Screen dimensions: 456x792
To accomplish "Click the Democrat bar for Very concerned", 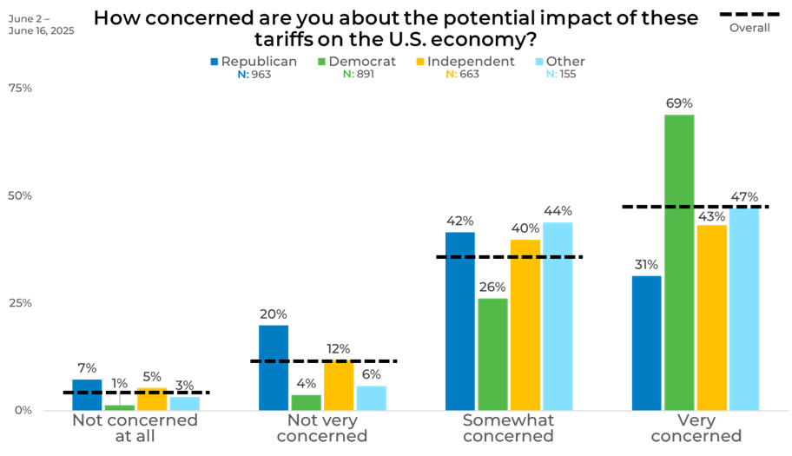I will point(679,261).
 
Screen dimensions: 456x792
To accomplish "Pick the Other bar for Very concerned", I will point(743,308).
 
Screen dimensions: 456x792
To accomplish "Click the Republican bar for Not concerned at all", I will point(87,394).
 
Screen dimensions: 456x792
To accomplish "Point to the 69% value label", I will point(679,103).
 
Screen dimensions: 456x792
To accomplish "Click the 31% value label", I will point(646,265).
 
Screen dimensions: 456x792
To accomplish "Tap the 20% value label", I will point(273,314).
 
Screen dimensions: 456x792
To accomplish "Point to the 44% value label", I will point(557,211).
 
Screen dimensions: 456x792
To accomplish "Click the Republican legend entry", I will point(254,62).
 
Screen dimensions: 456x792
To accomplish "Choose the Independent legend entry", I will point(465,62).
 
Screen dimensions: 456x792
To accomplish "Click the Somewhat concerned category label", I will point(508,428).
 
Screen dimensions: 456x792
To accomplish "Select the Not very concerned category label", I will point(322,428).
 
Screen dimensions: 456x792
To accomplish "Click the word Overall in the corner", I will point(749,28).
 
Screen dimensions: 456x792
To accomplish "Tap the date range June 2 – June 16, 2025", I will point(42,24).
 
